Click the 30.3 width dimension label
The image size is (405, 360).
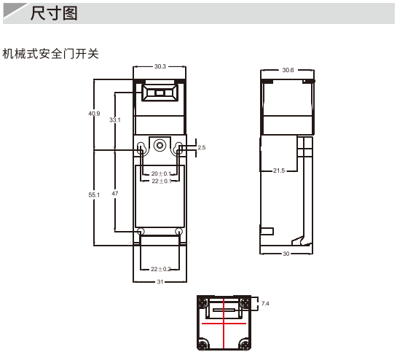point(160,66)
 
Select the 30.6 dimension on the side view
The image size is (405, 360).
point(288,70)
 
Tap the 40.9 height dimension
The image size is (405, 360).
point(94,114)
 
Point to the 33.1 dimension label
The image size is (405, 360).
point(114,120)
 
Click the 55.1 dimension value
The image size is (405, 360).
point(94,195)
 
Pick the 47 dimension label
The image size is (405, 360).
point(115,193)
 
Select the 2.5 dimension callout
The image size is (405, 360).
point(202,147)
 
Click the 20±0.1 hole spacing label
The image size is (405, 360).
point(161,173)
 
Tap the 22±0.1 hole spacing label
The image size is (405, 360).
point(162,181)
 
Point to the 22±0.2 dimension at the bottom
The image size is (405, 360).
point(160,270)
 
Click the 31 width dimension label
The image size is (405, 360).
point(160,282)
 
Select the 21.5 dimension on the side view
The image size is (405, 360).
point(279,171)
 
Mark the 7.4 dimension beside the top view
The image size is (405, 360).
point(265,303)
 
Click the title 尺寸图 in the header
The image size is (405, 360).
point(54,13)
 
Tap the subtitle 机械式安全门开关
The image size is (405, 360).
point(51,54)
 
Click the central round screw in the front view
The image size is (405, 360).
point(160,146)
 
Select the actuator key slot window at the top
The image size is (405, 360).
point(160,93)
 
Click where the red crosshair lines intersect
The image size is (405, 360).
point(224,324)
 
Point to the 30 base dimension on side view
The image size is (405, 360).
point(286,254)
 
